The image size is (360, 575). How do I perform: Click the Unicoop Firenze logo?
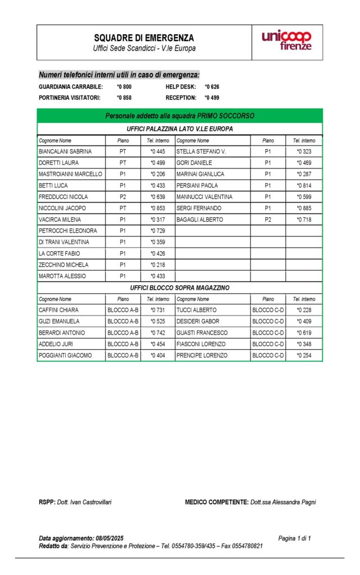[286, 41]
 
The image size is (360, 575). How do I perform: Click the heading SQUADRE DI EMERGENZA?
[144, 38]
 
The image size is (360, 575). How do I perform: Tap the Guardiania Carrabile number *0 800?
[124, 87]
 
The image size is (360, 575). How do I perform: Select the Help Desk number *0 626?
[212, 87]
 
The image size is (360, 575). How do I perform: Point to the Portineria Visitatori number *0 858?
[124, 98]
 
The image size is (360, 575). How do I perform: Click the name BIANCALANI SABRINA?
[65, 152]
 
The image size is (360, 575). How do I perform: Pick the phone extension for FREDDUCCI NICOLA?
[158, 197]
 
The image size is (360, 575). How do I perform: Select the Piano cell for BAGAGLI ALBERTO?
[268, 220]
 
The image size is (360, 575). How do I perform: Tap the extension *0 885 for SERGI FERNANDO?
[304, 208]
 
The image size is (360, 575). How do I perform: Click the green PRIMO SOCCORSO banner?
[180, 116]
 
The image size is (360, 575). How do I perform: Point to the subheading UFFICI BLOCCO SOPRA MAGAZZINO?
[180, 287]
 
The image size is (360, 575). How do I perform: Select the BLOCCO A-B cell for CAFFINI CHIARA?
[123, 310]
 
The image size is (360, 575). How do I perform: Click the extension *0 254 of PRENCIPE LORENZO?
[304, 355]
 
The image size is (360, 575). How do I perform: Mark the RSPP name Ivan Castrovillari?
[84, 502]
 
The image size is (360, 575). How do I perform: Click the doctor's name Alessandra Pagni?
[282, 502]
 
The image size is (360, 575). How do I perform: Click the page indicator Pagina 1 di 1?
[294, 538]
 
